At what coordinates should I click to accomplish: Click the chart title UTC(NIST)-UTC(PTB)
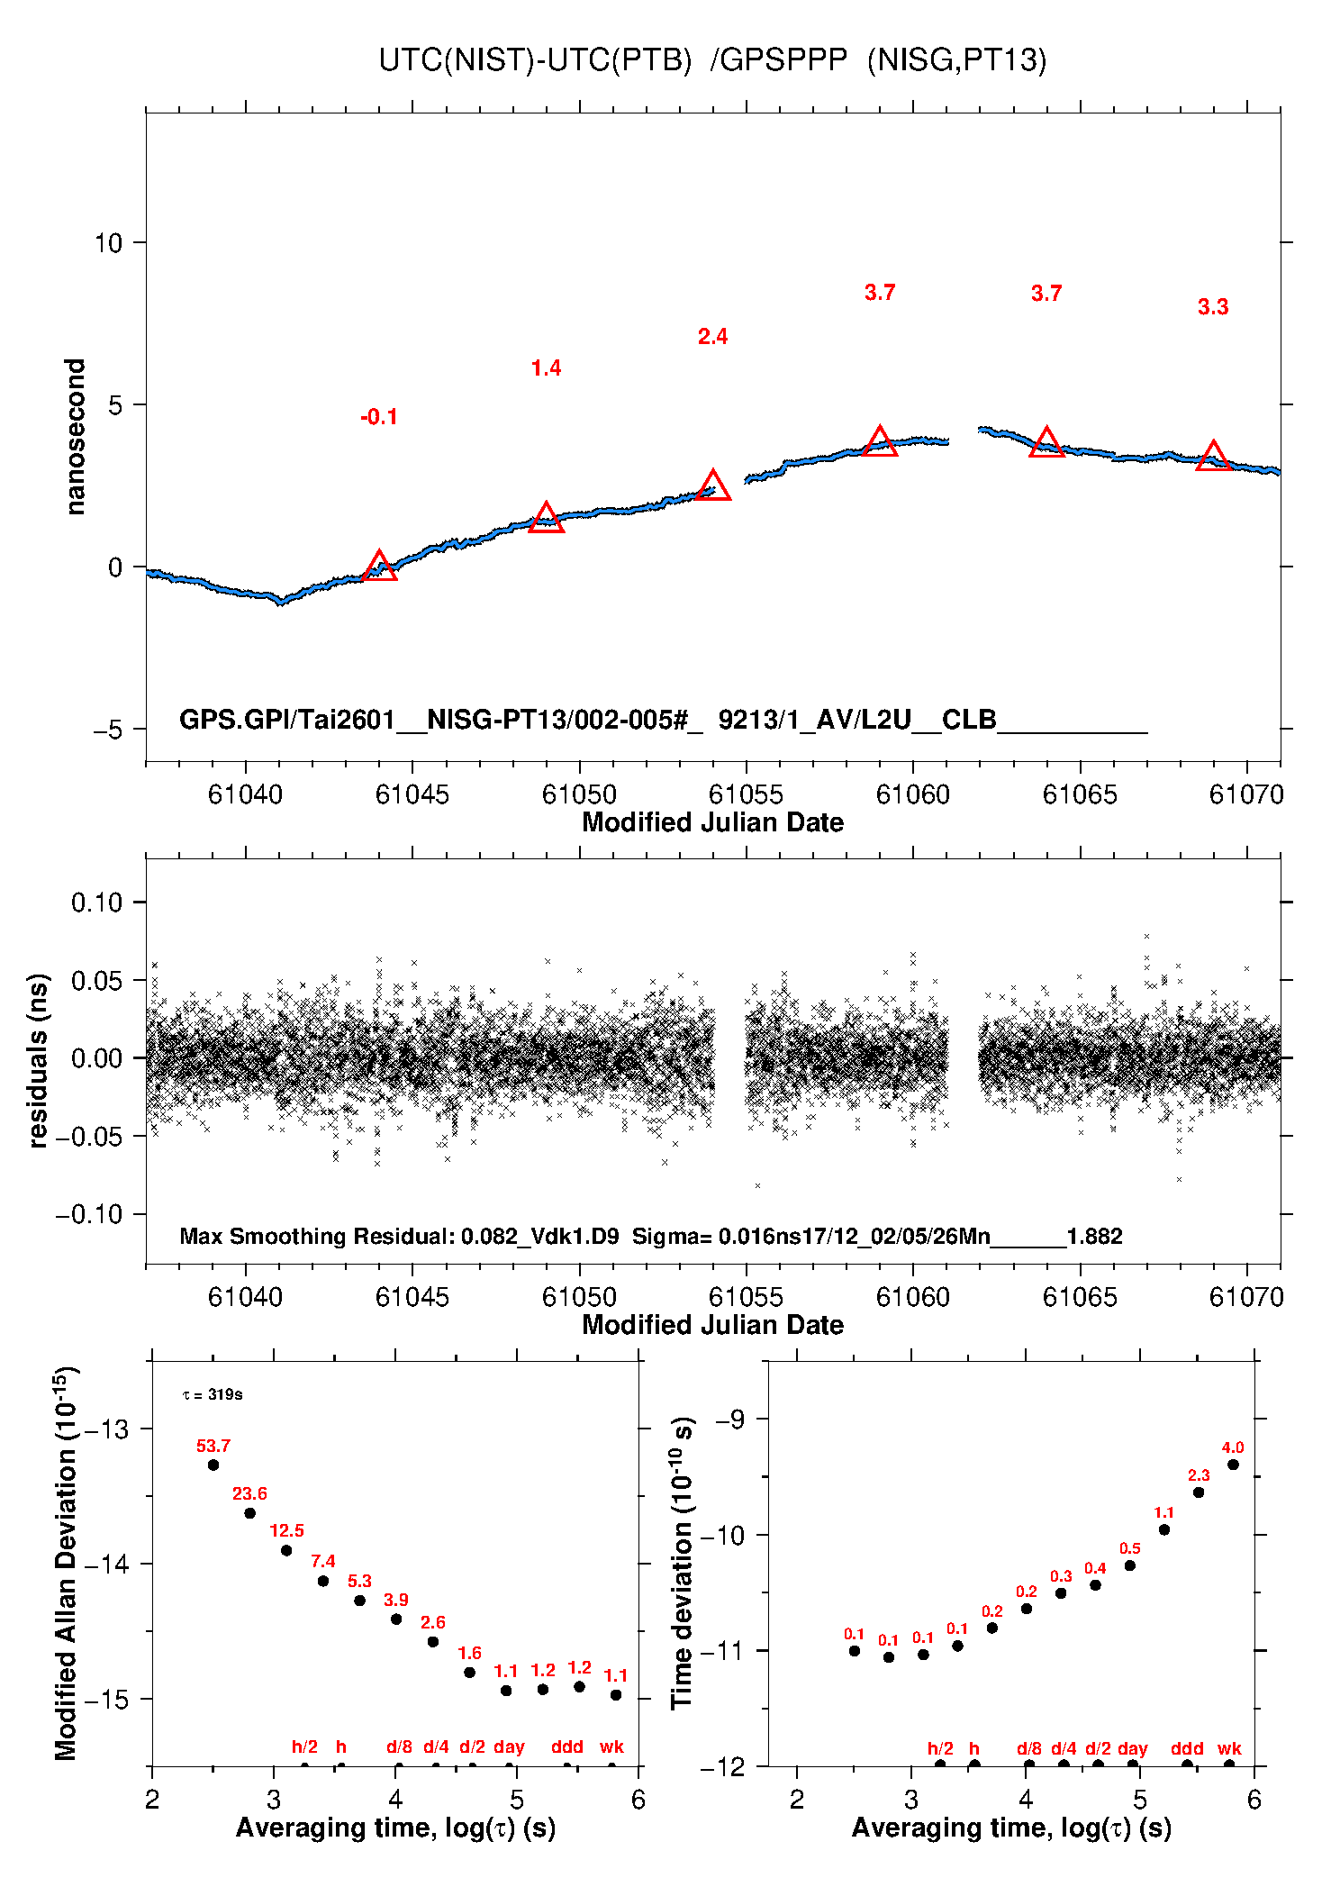[535, 59]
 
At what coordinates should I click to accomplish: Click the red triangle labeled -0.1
[379, 567]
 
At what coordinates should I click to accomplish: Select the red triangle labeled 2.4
[713, 486]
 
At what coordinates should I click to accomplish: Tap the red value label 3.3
[1213, 307]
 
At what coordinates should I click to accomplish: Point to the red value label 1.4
[546, 368]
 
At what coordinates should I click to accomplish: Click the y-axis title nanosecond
[75, 436]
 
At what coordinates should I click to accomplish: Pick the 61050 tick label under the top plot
[579, 794]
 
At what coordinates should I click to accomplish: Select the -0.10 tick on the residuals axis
[89, 1214]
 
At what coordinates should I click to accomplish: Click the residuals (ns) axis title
[38, 1060]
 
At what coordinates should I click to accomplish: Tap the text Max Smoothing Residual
[315, 1236]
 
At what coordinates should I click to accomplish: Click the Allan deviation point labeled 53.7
[213, 1465]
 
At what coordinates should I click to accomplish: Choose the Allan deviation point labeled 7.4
[323, 1581]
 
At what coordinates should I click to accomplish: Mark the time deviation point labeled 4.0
[1233, 1465]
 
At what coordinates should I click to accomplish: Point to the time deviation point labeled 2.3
[1199, 1492]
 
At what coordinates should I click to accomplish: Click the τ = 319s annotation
[213, 1394]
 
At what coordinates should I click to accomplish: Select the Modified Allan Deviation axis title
[65, 1563]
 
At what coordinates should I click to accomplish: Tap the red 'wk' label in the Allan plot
[611, 1746]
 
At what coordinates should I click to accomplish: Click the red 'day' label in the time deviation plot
[1132, 1748]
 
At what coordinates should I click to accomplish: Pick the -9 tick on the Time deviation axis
[730, 1419]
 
